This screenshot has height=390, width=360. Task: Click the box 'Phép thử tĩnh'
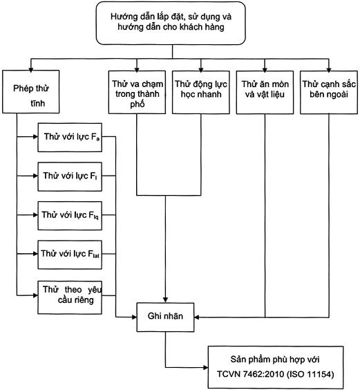coord(31,91)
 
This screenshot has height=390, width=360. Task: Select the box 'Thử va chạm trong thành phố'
coord(137,92)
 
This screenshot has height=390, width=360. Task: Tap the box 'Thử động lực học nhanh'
coord(201,92)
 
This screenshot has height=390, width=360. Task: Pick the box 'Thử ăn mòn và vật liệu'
coord(265,93)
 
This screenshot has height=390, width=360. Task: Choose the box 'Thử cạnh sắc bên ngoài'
coord(329,93)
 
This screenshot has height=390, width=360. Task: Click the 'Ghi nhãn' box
coord(165,317)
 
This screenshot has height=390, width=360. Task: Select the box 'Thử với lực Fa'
coord(70,138)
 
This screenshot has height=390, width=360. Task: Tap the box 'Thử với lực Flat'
coord(70,254)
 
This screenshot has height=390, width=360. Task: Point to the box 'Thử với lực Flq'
coord(70,216)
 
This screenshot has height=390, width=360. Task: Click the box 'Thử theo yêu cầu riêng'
coord(70,297)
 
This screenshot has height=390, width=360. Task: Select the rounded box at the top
coord(171,23)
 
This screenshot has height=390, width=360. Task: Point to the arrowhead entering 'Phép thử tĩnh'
coord(31,70)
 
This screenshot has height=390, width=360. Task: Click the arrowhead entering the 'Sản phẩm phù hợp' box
coord(205,367)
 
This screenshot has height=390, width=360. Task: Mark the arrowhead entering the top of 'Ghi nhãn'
coord(165,299)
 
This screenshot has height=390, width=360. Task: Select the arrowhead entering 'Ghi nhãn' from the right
coord(197,317)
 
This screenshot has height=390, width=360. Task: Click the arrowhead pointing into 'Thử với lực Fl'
coord(35,176)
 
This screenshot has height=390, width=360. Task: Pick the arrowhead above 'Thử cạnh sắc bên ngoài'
coord(329,70)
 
